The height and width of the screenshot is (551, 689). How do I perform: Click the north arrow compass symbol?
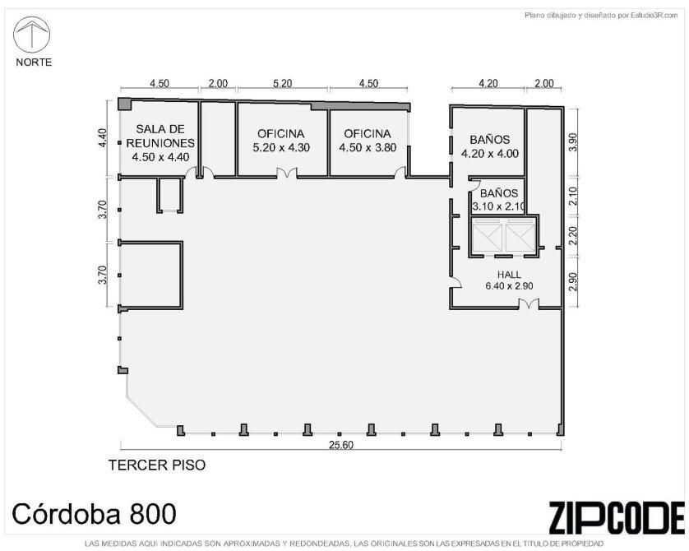pos(31,35)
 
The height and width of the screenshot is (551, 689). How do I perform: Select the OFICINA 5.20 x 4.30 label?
pos(281,141)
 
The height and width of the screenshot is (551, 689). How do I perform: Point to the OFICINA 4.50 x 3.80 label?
pos(368,141)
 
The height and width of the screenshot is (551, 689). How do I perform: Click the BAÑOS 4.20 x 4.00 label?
pos(490,146)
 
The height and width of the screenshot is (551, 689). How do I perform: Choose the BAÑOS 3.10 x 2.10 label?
pos(499,200)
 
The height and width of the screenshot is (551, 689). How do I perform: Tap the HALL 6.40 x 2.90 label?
pos(509,280)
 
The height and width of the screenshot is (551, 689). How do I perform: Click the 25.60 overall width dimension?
pos(341,445)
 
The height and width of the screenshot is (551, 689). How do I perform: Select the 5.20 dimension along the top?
pos(282,83)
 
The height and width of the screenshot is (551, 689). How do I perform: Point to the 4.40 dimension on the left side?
pos(102,137)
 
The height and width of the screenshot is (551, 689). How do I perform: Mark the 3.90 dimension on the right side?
pos(572,142)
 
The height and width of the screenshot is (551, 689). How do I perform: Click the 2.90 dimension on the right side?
pos(572,281)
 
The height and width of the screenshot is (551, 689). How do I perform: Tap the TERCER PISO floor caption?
pos(157,465)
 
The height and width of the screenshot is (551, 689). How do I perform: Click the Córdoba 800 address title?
pos(94,513)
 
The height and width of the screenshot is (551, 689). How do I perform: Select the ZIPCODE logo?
pos(617,517)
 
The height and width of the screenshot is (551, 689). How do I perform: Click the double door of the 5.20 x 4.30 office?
pos(286,173)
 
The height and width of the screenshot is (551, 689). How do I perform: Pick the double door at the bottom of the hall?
pos(528,303)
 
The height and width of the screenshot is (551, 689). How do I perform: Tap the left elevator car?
pos(488,238)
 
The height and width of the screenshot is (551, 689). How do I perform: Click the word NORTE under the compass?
pos(34,63)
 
